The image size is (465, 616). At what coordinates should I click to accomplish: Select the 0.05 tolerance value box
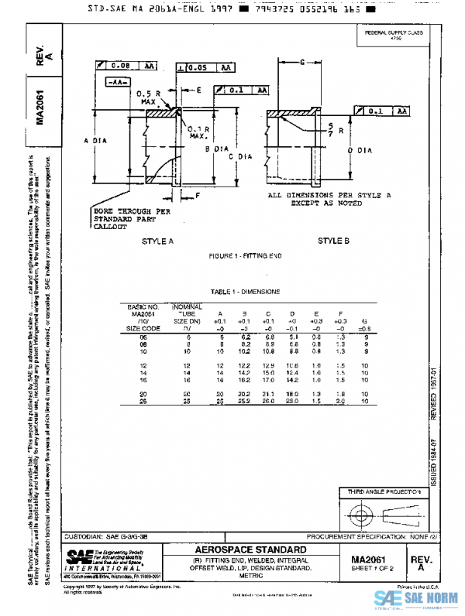[198, 68]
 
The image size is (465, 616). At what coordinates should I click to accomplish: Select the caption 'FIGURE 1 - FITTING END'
[246, 255]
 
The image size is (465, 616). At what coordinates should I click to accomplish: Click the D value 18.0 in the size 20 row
[293, 394]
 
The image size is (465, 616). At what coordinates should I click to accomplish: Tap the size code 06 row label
[143, 337]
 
